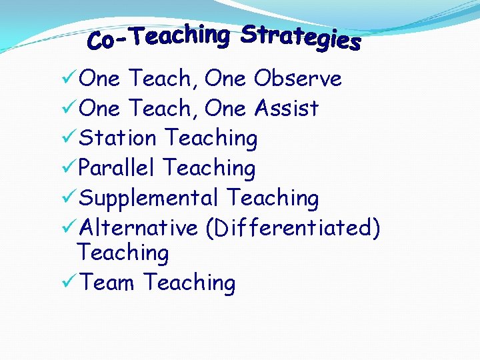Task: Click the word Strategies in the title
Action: (x=301, y=38)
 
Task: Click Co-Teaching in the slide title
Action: (x=159, y=37)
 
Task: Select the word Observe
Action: (x=297, y=79)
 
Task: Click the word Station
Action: (x=117, y=138)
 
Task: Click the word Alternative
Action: (x=138, y=228)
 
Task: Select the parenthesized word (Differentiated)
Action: (x=293, y=228)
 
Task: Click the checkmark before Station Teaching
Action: (x=67, y=138)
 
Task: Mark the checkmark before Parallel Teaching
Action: (x=67, y=168)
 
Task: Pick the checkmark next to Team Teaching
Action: (x=67, y=283)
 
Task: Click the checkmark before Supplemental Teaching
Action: (x=67, y=198)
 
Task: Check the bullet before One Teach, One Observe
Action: (x=67, y=79)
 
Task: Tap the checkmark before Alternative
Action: (x=67, y=228)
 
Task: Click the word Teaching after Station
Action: (x=211, y=139)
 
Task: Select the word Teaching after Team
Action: (x=189, y=283)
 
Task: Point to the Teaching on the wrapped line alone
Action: (x=123, y=253)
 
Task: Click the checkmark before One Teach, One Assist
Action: (x=67, y=108)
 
